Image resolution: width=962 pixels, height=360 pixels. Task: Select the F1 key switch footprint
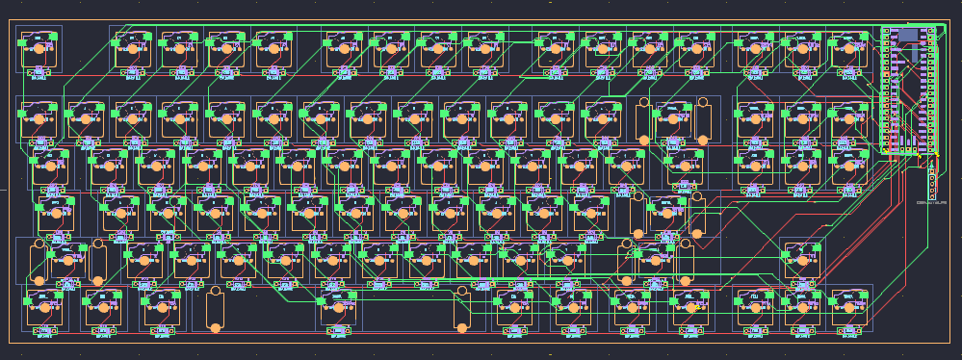pyautogui.click(x=133, y=48)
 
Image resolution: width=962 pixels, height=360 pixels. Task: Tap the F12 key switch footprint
pyautogui.click(x=694, y=48)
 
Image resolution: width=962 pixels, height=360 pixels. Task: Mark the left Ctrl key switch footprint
pyautogui.click(x=43, y=306)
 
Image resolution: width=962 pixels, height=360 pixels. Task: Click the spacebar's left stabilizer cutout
pyautogui.click(x=215, y=310)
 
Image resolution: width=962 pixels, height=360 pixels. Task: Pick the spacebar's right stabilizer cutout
pyautogui.click(x=461, y=310)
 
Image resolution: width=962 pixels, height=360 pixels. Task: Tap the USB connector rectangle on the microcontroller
pyautogui.click(x=907, y=35)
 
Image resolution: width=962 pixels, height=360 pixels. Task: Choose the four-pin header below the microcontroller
pyautogui.click(x=932, y=182)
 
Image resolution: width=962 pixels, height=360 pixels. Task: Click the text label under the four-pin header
pyautogui.click(x=932, y=203)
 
